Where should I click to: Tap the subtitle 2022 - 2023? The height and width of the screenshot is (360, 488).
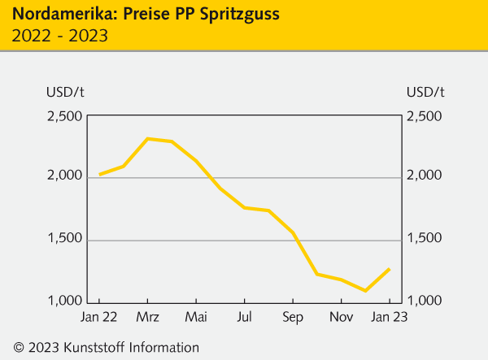(x=59, y=36)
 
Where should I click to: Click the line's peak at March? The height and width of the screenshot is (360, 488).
(x=147, y=139)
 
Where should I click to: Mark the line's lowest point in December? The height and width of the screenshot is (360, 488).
(x=365, y=290)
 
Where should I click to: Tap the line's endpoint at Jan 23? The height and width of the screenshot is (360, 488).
(x=390, y=268)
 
